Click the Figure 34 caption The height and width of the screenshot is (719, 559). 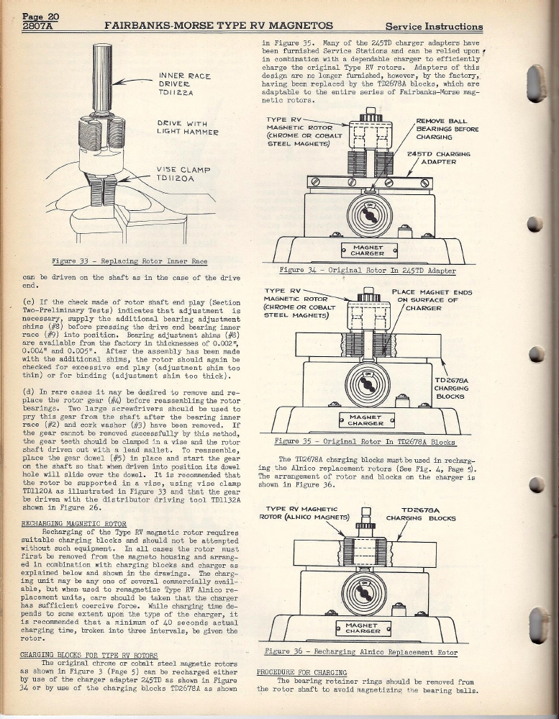[x=367, y=271]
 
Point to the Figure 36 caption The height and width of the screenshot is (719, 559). [x=366, y=652]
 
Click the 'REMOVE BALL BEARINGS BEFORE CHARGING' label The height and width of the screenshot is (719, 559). [x=447, y=130]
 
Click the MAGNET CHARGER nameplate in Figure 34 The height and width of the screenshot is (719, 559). [x=367, y=250]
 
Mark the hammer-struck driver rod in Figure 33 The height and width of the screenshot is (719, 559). [x=103, y=76]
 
